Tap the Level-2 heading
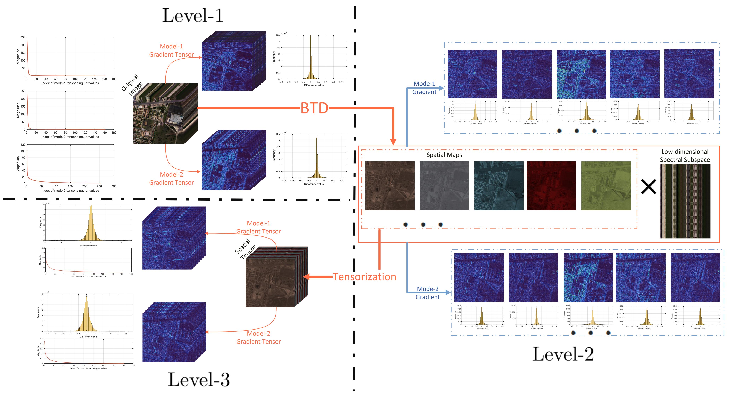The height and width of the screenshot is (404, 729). point(563,354)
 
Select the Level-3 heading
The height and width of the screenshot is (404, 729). point(199,380)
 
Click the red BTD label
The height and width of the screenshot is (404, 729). point(314,108)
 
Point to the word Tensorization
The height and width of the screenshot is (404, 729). point(364,277)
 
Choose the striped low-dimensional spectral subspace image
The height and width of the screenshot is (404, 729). point(685,201)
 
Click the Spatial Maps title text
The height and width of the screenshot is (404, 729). point(444,155)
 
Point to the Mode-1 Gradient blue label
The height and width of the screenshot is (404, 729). point(424,88)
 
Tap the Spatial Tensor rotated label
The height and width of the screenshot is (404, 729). point(245,249)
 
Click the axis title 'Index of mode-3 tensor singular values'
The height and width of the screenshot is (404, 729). point(70,191)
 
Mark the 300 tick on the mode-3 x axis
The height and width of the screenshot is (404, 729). point(114,186)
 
